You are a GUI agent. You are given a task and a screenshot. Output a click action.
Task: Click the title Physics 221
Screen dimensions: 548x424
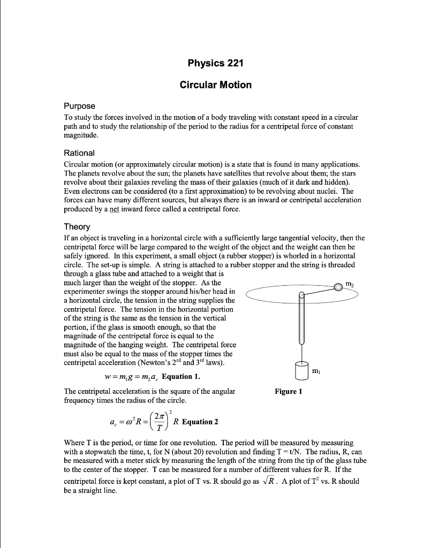(x=215, y=64)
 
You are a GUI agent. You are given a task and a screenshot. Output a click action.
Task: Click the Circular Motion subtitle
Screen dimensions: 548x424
(x=215, y=85)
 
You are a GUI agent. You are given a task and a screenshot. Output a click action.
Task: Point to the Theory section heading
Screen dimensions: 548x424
(x=77, y=227)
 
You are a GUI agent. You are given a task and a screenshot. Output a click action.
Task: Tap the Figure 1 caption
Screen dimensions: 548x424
(x=289, y=392)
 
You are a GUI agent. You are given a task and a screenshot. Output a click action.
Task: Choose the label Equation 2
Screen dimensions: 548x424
(x=200, y=422)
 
